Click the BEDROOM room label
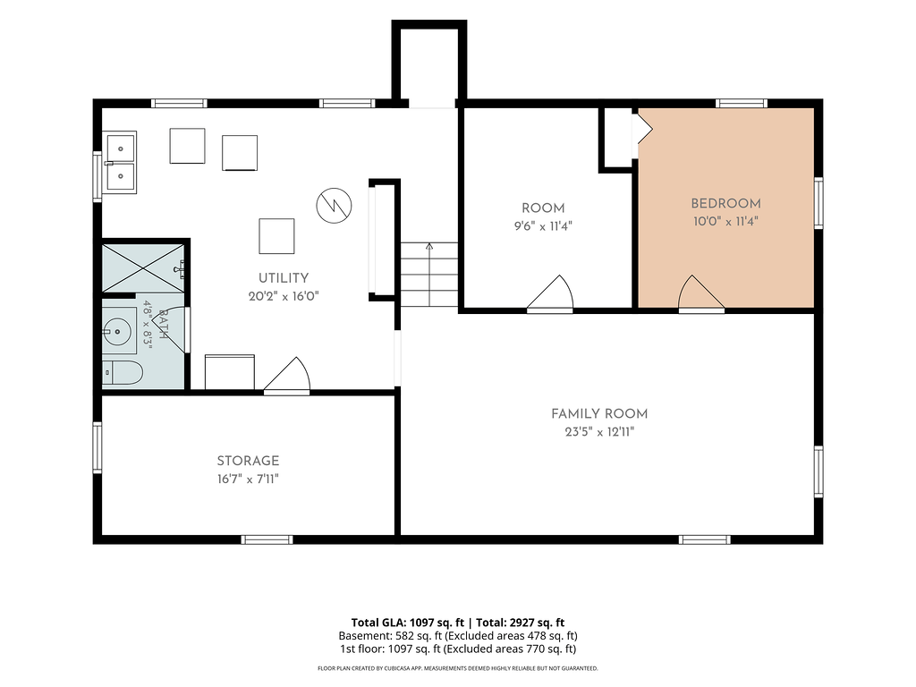725,204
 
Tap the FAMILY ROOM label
599,414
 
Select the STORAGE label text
248,461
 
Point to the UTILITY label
284,278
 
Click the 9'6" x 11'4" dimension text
543,226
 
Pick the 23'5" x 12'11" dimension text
599,432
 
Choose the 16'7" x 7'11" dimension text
248,479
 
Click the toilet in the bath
122,373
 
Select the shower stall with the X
143,268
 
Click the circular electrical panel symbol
335,206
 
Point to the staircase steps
429,275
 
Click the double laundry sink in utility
120,163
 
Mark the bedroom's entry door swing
701,293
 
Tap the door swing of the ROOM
550,293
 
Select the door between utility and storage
287,375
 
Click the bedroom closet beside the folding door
618,138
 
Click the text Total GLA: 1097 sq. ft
408,623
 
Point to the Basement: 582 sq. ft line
458,636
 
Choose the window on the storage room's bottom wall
267,539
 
